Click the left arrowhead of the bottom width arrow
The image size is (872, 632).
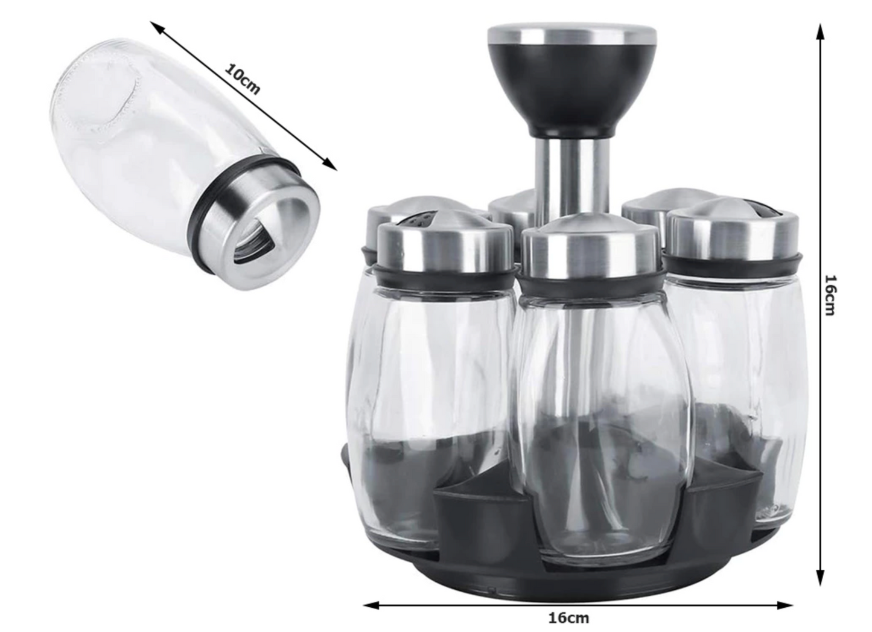[x=371, y=605]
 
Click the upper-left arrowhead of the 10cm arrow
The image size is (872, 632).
[x=156, y=28]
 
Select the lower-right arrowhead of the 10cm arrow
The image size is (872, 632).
[x=331, y=165]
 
